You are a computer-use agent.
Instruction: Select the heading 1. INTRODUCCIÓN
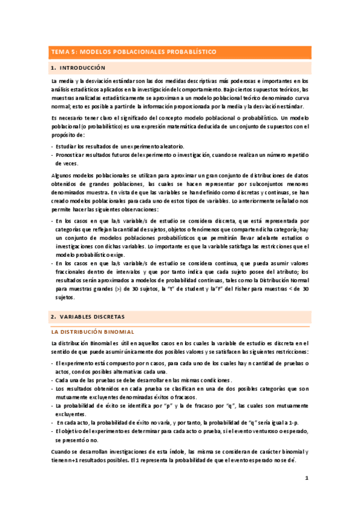coord(78,68)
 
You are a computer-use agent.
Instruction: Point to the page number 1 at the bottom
coord(306,479)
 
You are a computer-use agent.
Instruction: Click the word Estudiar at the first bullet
coord(67,147)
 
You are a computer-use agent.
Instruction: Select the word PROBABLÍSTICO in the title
coord(187,52)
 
